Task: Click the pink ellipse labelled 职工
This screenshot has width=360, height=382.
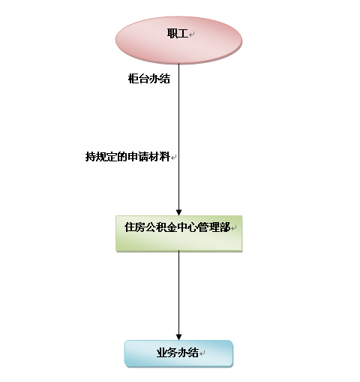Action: tap(178, 41)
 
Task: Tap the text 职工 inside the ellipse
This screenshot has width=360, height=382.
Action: tap(178, 34)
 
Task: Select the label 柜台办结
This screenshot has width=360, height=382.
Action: tap(149, 79)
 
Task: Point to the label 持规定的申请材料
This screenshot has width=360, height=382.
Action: tap(127, 157)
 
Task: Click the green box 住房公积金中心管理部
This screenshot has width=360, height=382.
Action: tap(178, 233)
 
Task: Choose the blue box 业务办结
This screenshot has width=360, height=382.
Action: tap(178, 353)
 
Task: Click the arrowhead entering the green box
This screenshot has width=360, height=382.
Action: tap(178, 212)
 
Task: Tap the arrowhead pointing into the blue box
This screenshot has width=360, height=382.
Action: tap(178, 337)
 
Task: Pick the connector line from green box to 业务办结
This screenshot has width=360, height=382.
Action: tap(178, 295)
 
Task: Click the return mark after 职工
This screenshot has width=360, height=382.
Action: tap(192, 35)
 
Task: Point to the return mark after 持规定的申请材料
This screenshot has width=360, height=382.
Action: tap(174, 158)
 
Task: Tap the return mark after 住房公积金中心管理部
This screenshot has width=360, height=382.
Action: tap(234, 228)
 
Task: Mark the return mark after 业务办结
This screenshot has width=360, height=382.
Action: tap(202, 353)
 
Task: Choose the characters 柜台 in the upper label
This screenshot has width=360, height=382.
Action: tap(139, 79)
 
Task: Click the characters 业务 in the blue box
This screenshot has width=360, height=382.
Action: tap(167, 353)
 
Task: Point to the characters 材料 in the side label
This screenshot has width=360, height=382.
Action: tap(160, 157)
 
